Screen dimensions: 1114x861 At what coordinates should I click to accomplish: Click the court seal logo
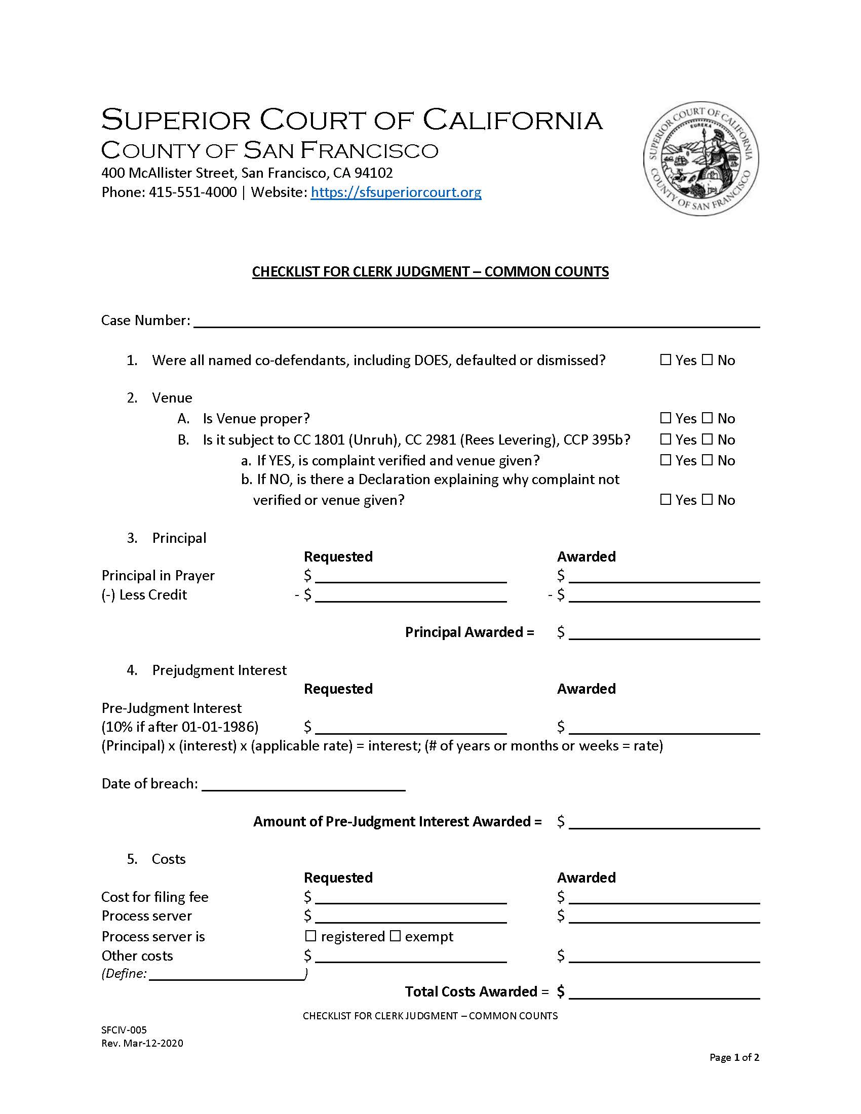(x=701, y=158)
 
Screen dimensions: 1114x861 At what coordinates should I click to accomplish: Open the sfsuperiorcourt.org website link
(x=396, y=192)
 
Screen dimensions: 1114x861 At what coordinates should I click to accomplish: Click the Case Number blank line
(x=477, y=322)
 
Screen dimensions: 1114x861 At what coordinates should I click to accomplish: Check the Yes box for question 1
(x=665, y=360)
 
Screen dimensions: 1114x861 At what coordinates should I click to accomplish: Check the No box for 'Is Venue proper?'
(x=707, y=418)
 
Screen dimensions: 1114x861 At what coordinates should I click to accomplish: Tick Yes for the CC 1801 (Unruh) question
(x=665, y=439)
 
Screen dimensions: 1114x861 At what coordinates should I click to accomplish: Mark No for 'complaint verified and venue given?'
(x=707, y=460)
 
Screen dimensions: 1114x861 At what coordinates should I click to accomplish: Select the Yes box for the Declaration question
(x=665, y=500)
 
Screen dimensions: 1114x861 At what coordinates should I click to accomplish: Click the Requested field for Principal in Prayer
(x=411, y=576)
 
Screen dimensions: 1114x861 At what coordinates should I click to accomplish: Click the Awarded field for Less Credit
(x=664, y=596)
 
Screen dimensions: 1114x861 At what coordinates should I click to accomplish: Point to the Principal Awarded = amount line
(x=664, y=633)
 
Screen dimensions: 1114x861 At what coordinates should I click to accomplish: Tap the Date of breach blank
(x=303, y=784)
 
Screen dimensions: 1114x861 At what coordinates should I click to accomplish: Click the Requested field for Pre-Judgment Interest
(x=411, y=727)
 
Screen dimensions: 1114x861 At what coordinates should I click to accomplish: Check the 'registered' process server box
(x=310, y=936)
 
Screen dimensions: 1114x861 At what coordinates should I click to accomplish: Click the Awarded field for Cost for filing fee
(x=664, y=898)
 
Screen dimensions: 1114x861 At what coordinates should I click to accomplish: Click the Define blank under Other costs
(x=226, y=975)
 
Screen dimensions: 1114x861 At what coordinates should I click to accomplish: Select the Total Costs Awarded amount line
(x=664, y=992)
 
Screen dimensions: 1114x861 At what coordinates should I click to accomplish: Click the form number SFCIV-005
(x=124, y=1030)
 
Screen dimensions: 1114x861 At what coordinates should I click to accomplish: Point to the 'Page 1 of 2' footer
(x=734, y=1057)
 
